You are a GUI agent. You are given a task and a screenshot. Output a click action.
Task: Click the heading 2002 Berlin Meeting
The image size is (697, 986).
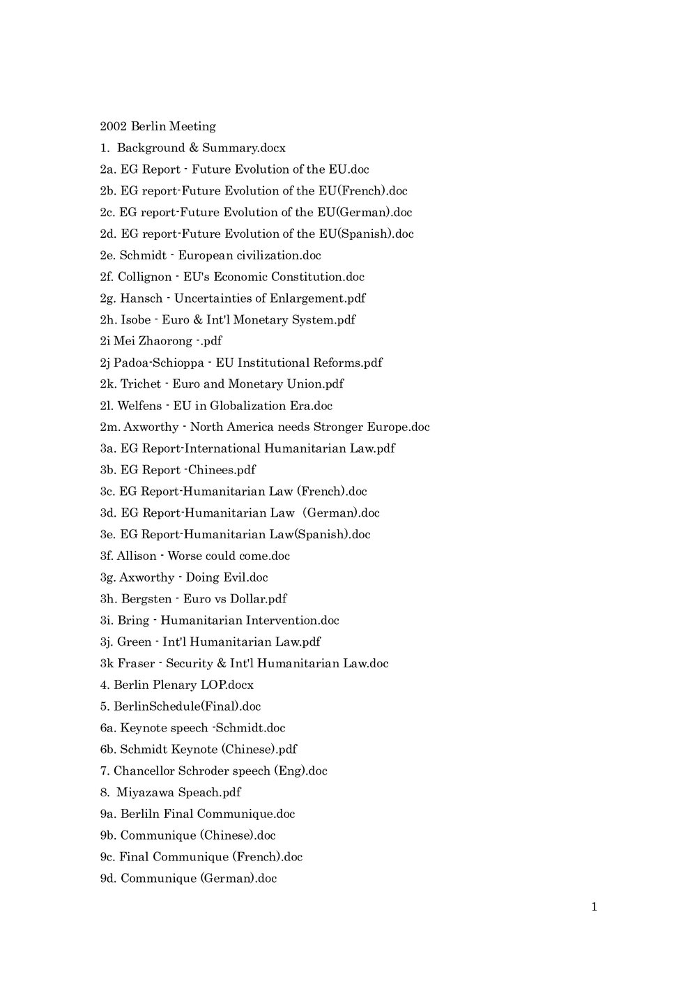point(158,126)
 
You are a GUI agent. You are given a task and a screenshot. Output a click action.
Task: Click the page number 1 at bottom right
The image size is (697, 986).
point(594,907)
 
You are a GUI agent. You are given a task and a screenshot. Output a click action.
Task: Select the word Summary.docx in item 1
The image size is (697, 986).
point(244,148)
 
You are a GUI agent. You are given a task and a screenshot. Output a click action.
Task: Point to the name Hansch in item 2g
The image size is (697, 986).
point(141,298)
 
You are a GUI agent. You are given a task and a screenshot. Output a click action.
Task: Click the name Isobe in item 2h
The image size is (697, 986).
point(136,320)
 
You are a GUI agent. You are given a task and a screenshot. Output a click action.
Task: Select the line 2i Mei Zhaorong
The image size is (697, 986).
point(160,342)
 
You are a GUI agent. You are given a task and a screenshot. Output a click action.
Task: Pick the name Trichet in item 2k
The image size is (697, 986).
point(141,384)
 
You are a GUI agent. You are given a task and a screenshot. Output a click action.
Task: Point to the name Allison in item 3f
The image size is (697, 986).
point(137,556)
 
